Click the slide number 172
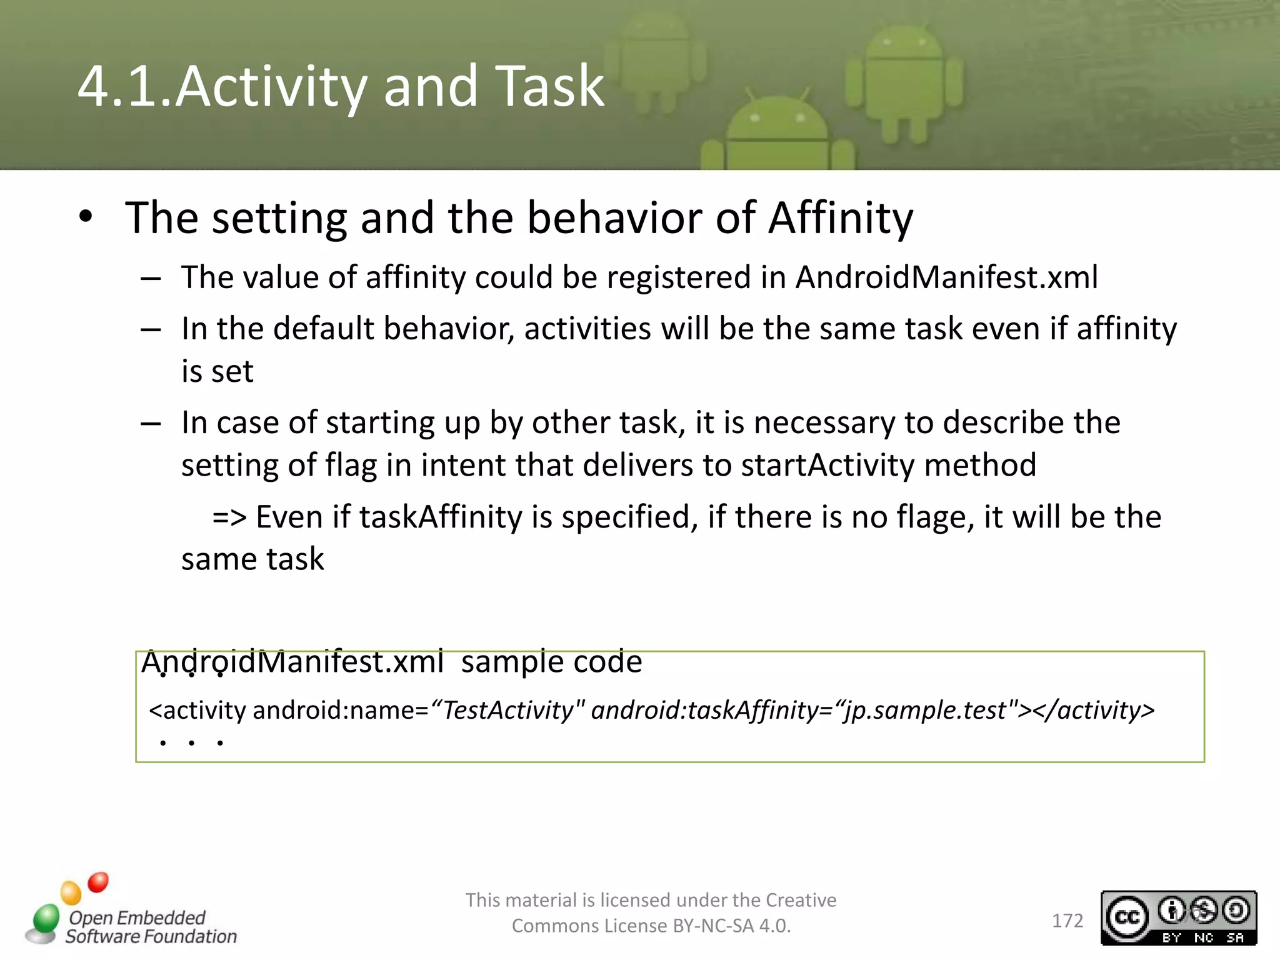[x=1067, y=921]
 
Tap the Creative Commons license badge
[x=1178, y=917]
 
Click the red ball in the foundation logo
[x=98, y=882]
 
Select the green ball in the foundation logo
[x=46, y=918]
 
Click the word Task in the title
[x=549, y=86]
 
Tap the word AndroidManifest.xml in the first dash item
[x=946, y=277]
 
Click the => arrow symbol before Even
[x=229, y=517]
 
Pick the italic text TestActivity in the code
[x=508, y=710]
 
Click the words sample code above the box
[x=551, y=662]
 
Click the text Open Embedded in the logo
[x=137, y=917]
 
